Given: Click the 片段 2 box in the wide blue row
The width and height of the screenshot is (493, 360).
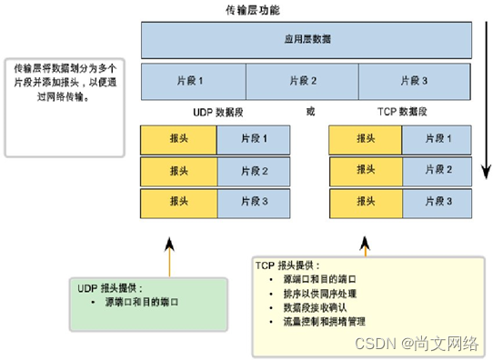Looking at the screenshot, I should coord(306,81).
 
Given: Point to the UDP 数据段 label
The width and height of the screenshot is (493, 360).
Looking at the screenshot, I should coord(217,112).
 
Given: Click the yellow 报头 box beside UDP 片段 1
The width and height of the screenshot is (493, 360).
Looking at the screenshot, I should coord(178,138).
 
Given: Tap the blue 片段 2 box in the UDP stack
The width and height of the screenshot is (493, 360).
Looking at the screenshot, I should coord(255,170).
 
